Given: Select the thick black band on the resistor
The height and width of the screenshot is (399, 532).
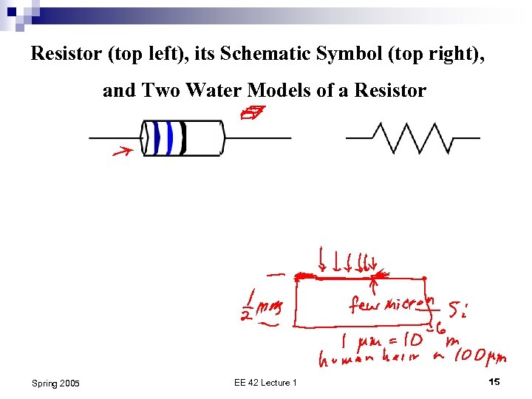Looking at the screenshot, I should tap(182, 137).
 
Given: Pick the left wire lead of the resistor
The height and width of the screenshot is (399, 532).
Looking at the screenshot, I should tap(115, 138).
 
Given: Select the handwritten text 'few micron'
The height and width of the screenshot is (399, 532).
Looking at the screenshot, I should tap(390, 304).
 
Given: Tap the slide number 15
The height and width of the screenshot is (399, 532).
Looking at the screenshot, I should tap(494, 381).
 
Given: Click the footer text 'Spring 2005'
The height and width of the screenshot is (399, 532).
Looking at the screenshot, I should tap(55, 383).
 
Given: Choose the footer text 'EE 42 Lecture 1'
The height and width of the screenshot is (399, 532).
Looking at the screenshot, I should tap(265, 382).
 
